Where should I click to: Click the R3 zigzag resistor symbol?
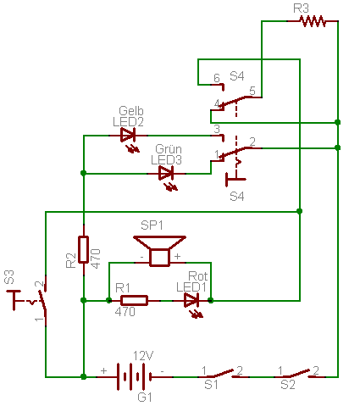[313, 21]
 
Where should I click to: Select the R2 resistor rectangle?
[83, 249]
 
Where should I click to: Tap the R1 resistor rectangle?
[134, 301]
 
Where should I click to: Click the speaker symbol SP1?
[159, 251]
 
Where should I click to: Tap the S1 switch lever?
[224, 373]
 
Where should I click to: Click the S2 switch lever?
[300, 373]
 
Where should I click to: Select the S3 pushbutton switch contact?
[42, 301]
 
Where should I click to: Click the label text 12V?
[143, 356]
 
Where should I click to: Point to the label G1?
[145, 398]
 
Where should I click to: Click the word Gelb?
[131, 110]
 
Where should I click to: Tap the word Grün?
[169, 149]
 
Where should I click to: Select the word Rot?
[197, 276]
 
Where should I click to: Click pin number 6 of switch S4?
[217, 78]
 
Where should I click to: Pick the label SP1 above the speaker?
[152, 225]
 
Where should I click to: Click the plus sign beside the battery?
[104, 370]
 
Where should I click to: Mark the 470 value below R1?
[125, 312]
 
